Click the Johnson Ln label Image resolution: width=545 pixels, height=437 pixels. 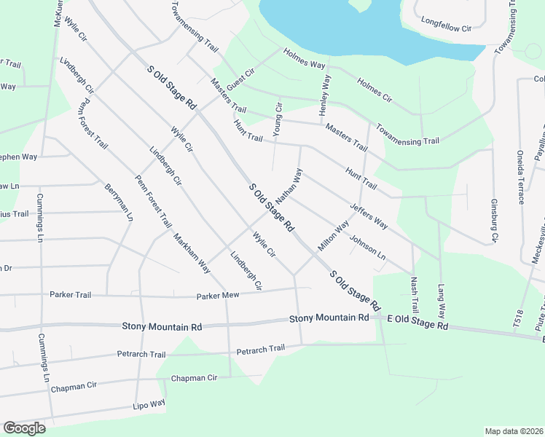(x=367, y=248)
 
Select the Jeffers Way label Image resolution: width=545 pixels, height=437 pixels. (x=369, y=216)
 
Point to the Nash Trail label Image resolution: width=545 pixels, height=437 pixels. (x=415, y=295)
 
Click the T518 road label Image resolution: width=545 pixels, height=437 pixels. (x=519, y=317)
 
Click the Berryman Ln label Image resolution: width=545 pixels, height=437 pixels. (x=119, y=202)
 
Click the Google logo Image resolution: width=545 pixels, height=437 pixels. (x=24, y=428)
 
